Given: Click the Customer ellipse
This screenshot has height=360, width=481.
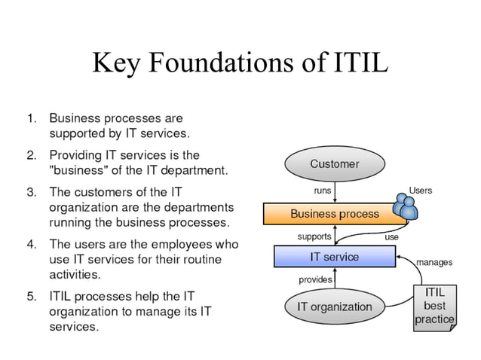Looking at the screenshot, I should coord(335,163).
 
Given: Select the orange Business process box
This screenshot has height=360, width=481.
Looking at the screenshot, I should coord(335,214).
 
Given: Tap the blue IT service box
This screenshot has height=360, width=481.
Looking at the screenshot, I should coord(335,257).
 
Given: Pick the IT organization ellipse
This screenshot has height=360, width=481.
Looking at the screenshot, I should coord(334,307).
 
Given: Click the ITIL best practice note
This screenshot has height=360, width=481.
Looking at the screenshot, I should coord(434,306).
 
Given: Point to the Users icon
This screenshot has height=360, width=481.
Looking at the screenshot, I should coord(404,208).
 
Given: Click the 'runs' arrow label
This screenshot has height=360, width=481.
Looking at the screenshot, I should coord(322,191).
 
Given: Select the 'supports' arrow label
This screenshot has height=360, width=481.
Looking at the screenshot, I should coord(314,236).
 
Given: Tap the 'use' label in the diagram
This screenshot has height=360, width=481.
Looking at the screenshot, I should coord(391,236).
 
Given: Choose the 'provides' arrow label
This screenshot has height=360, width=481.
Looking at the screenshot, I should coord(315,279).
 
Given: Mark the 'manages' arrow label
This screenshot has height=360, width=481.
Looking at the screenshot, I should coord(434,263).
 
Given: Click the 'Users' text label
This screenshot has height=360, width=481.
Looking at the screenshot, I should coord(420,191).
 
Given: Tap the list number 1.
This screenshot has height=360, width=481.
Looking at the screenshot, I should coord(31,118).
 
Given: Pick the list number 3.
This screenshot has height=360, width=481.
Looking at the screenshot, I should coord(31,191).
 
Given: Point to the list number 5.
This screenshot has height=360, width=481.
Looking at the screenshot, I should coord(31,296).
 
